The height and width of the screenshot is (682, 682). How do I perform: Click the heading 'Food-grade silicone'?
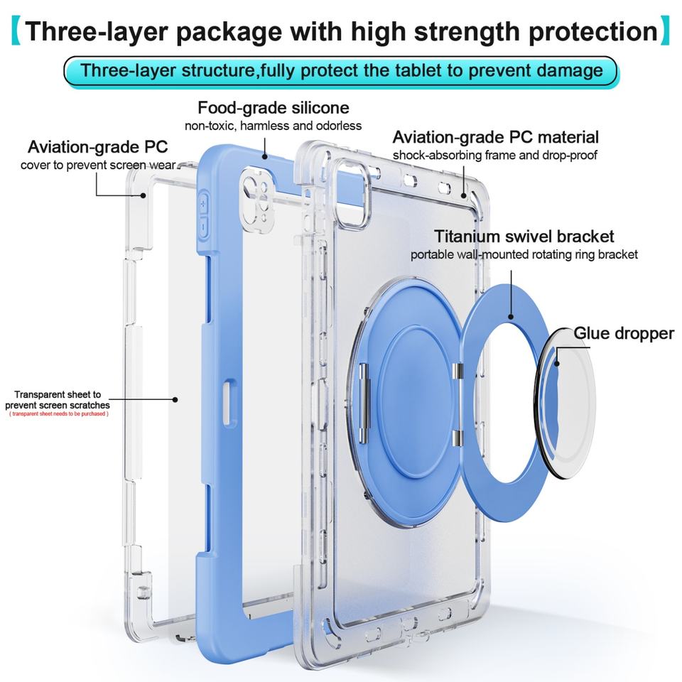(x=274, y=108)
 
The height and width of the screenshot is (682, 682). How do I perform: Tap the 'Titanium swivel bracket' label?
(x=524, y=237)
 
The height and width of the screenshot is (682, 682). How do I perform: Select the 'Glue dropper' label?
(x=624, y=333)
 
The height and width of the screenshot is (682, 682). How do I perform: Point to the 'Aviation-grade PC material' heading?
(x=495, y=137)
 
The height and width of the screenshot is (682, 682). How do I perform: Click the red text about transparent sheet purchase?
(x=58, y=413)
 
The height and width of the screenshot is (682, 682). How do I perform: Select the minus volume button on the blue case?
(x=202, y=228)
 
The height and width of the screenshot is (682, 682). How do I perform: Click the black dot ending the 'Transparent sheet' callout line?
(x=175, y=400)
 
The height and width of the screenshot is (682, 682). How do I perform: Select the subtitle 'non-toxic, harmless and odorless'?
(x=274, y=126)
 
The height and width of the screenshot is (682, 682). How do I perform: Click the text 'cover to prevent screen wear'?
(x=98, y=166)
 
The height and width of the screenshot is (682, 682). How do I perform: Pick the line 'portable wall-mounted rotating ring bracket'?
(x=524, y=254)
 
